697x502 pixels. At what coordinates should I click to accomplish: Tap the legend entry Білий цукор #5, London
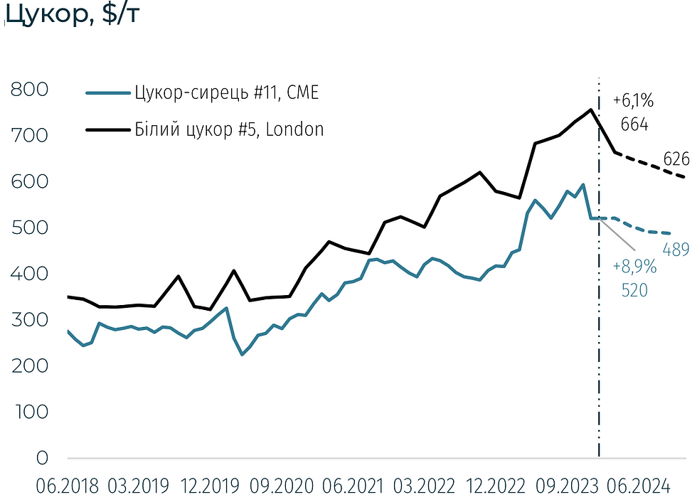click(x=228, y=129)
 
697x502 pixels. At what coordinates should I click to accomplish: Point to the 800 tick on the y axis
click(x=30, y=90)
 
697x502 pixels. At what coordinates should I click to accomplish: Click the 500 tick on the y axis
click(x=30, y=228)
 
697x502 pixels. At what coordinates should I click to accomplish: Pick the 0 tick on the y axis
click(x=42, y=459)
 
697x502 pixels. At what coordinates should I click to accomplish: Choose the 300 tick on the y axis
click(x=30, y=320)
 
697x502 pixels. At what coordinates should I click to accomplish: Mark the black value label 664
click(x=634, y=124)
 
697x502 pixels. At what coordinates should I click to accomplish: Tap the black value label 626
click(x=677, y=159)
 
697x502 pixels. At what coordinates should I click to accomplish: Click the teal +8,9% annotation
click(x=634, y=267)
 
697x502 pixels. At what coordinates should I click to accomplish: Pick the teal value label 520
click(x=634, y=289)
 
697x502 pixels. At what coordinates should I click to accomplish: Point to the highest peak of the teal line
click(x=583, y=185)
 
